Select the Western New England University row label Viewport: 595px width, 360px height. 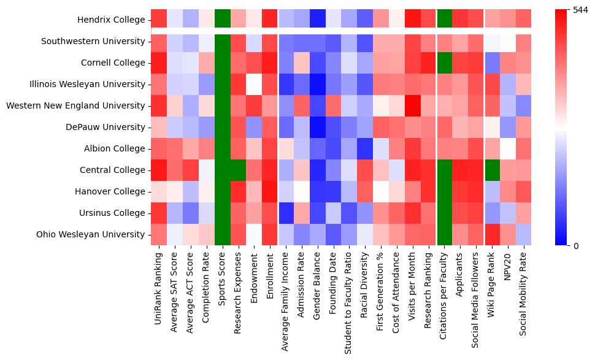click(76, 105)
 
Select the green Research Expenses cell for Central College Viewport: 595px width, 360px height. click(238, 170)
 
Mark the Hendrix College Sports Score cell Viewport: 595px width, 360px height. click(222, 20)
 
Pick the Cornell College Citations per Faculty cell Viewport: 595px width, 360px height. click(443, 63)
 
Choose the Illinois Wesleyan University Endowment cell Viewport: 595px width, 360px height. click(254, 85)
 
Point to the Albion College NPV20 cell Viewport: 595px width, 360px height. click(507, 148)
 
